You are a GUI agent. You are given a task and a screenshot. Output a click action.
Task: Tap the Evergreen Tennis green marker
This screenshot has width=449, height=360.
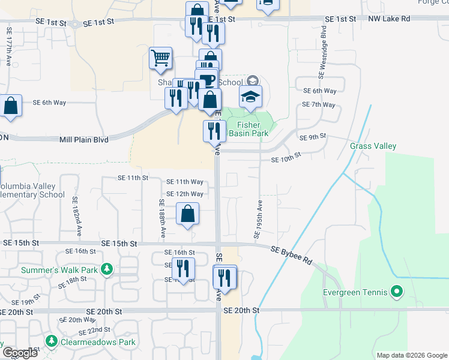click(x=396, y=293)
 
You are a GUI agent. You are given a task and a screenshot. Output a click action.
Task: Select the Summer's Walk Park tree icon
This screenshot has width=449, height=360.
click(x=107, y=269)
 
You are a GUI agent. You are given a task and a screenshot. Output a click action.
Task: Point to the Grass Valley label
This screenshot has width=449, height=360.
click(x=373, y=146)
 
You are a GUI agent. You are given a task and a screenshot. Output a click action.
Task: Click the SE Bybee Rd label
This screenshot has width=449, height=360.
click(x=292, y=255)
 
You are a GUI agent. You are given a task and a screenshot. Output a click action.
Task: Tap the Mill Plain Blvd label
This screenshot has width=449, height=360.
click(x=83, y=139)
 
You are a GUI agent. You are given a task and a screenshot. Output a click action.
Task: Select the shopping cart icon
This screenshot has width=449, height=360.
click(x=160, y=58)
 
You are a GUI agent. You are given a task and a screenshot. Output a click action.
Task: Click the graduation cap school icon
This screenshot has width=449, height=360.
click(x=251, y=95)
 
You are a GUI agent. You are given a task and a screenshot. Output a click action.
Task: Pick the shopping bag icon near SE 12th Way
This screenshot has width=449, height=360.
click(x=188, y=213)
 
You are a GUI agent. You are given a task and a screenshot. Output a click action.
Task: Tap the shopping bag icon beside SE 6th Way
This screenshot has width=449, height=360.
click(x=11, y=105)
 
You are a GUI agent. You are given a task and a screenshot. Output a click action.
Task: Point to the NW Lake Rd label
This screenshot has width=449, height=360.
click(x=389, y=19)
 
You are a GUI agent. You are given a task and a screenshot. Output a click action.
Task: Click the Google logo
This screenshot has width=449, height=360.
click(x=20, y=353)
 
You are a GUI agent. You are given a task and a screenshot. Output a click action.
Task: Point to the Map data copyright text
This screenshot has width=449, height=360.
click(x=411, y=355)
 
